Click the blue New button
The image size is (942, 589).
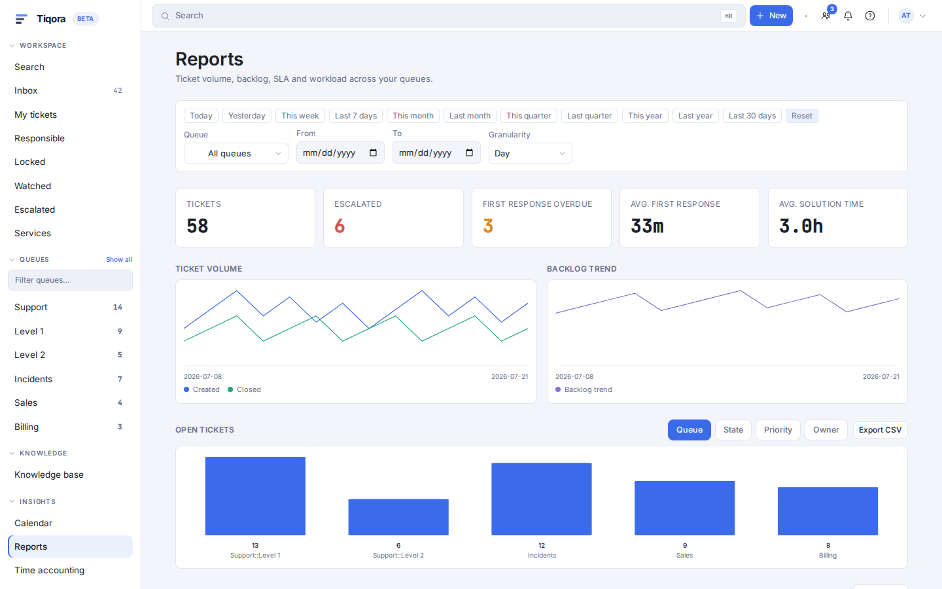[x=771, y=16]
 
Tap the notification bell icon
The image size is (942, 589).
[x=848, y=16]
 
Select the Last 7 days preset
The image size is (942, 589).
[x=356, y=116]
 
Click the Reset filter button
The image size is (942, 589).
[x=801, y=116]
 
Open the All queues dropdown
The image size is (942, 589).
[x=236, y=153]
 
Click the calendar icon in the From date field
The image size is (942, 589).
[x=373, y=152]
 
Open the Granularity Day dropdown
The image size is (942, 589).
[x=530, y=153]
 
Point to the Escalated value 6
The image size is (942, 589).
[x=340, y=226]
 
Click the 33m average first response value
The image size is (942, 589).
[x=647, y=226]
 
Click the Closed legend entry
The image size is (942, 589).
[x=245, y=389]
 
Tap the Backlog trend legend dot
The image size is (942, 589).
[x=558, y=389]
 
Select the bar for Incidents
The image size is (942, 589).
[x=542, y=499]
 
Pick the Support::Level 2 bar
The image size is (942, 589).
[x=398, y=517]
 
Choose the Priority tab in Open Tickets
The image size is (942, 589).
[x=778, y=429]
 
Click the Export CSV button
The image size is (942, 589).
[x=881, y=429]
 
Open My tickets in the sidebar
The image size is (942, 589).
[x=35, y=115]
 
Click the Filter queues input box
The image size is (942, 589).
[x=70, y=280]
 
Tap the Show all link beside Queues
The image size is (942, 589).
[x=119, y=260]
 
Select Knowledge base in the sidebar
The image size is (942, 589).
[x=49, y=474]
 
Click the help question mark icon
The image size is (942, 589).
[x=869, y=16]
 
